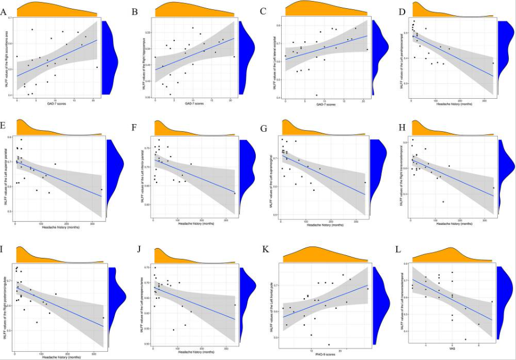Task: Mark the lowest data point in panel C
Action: coord(316,95)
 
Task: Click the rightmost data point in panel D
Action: coord(493,63)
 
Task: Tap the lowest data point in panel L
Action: coord(465,340)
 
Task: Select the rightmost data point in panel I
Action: coord(103,318)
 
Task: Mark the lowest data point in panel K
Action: coord(329,345)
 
